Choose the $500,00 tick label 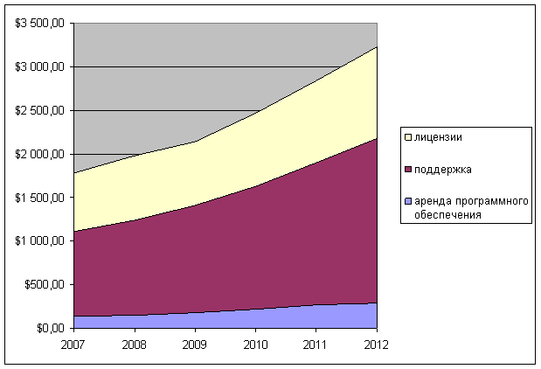tap(45, 285)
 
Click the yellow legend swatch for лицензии tap(408, 137)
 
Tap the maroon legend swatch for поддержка tap(408, 170)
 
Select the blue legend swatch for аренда tap(408, 202)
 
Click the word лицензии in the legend tap(439, 137)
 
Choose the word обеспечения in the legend tap(448, 214)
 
